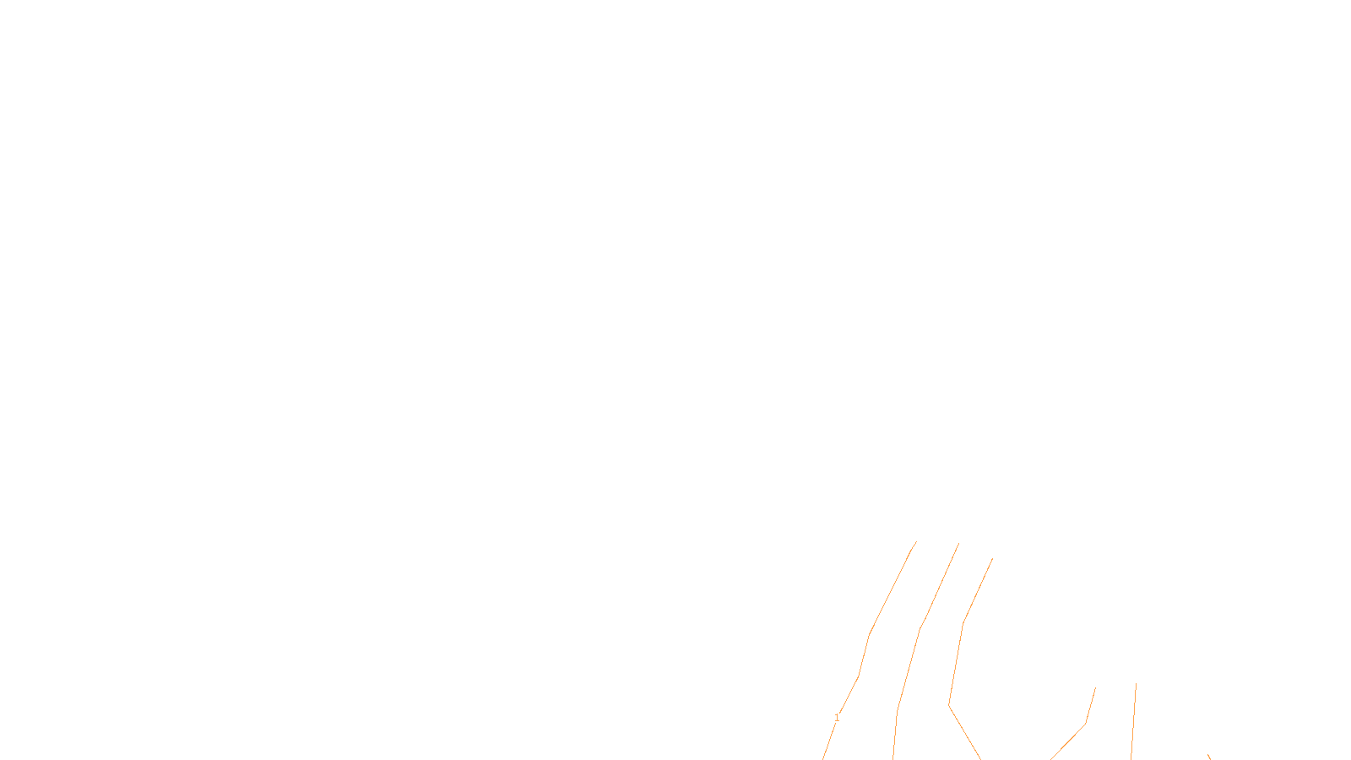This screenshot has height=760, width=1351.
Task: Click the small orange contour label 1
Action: [837, 718]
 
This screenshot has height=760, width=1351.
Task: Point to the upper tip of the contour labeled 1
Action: [916, 542]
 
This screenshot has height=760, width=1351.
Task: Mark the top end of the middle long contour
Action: [958, 544]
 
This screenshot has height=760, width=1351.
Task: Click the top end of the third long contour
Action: [992, 558]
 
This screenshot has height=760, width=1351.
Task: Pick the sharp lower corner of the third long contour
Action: [949, 704]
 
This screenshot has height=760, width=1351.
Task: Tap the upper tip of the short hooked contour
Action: [1095, 688]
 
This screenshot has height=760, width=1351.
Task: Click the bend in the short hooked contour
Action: [1085, 724]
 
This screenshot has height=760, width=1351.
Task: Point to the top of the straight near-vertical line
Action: [1136, 684]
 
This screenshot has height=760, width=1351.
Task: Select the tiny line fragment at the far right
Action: [1208, 757]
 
